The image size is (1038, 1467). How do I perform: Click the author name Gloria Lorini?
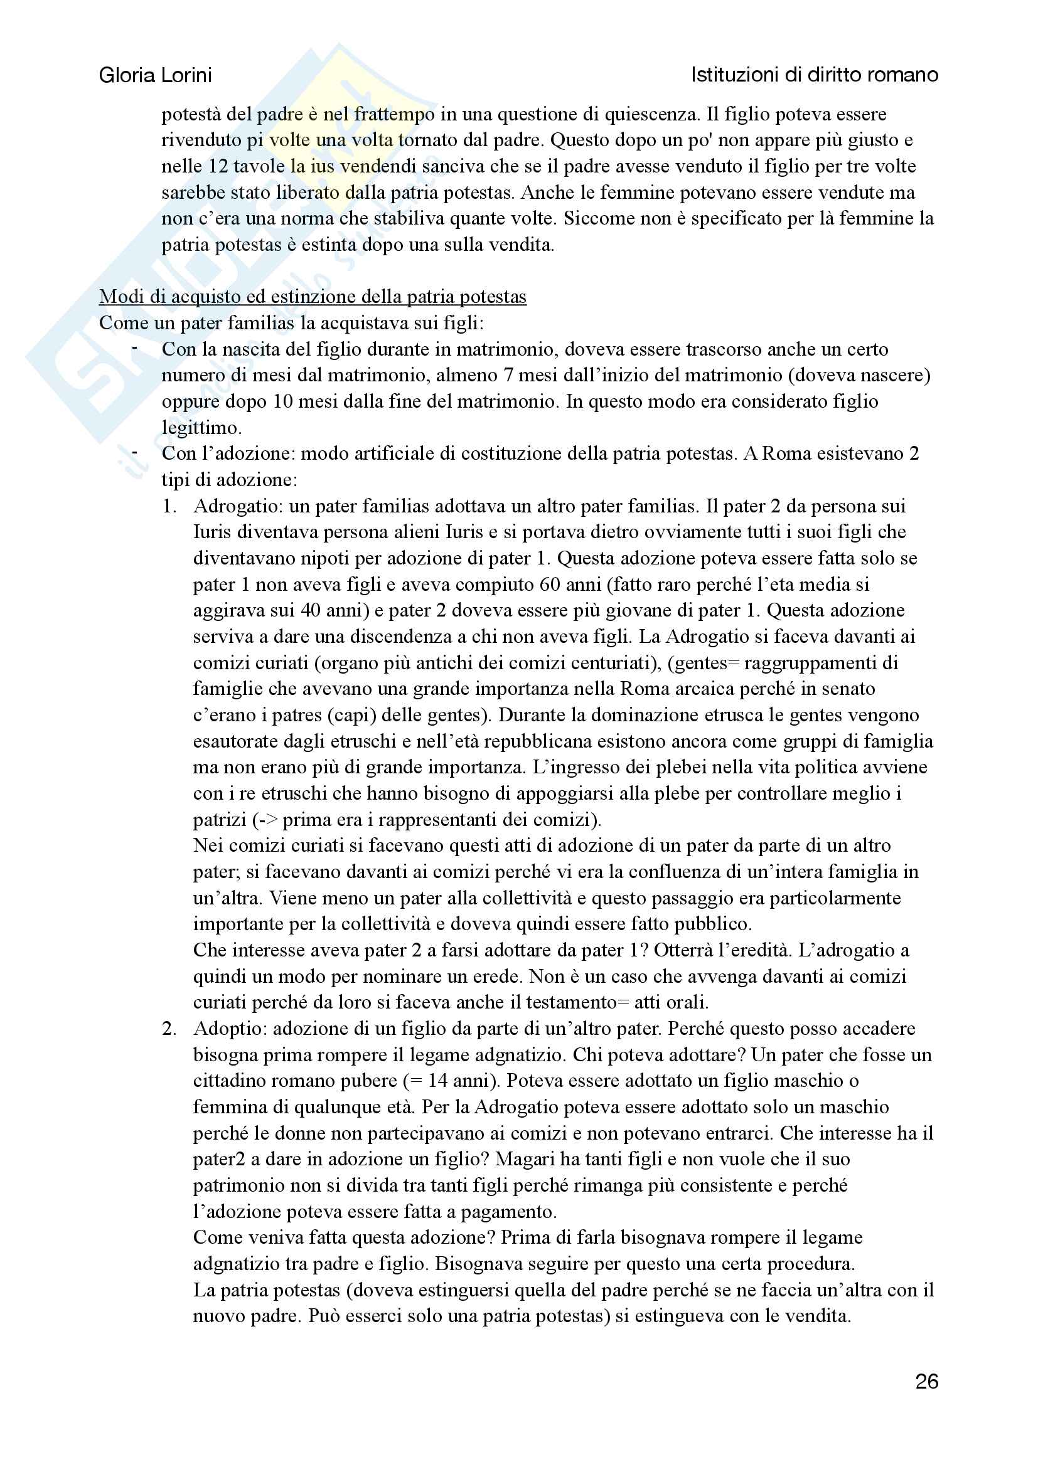(155, 75)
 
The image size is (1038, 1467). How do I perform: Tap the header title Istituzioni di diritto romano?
(815, 75)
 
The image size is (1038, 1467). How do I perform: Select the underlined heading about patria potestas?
(313, 297)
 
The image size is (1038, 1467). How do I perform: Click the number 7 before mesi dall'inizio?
(508, 375)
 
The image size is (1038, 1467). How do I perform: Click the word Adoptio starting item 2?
(230, 1029)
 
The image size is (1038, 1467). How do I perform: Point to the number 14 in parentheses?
(437, 1081)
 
